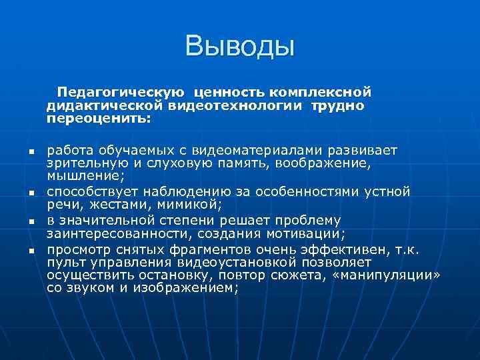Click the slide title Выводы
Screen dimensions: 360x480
tap(240, 47)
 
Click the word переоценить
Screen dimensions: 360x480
tap(99, 121)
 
